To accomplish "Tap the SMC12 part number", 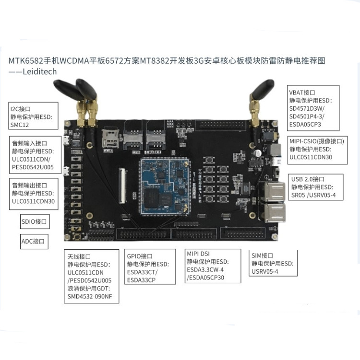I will click(x=20, y=125).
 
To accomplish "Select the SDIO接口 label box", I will click(x=35, y=221).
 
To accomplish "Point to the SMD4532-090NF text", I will click(x=92, y=296).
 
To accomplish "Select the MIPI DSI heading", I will click(x=199, y=253).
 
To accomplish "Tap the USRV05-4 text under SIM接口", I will click(x=264, y=271).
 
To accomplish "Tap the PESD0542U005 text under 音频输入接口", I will click(x=33, y=168).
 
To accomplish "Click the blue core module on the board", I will click(x=162, y=186).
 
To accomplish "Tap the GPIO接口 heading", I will click(x=140, y=256).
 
